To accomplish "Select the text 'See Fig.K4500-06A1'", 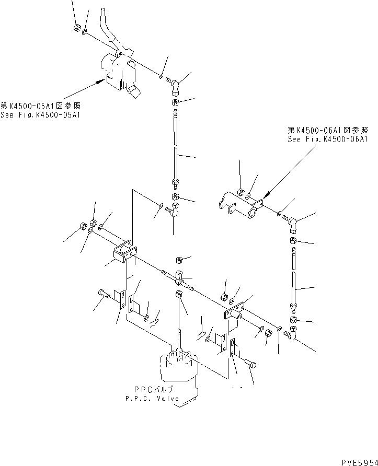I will (x=328, y=139).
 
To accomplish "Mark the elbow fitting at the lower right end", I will (x=291, y=332).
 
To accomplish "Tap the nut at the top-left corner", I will (x=76, y=27).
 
